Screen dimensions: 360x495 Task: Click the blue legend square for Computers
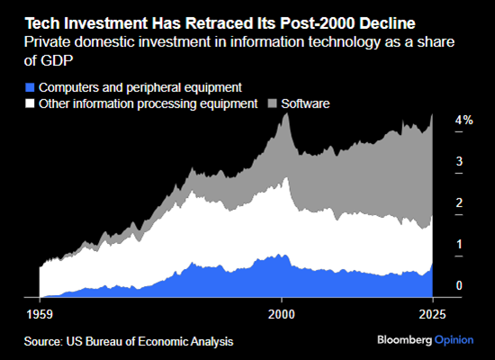[30, 87]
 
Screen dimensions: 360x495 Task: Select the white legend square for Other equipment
[30, 104]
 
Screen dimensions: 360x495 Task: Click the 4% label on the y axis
[463, 121]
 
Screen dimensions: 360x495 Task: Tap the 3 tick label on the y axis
[459, 162]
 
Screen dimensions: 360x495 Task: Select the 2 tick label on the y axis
[459, 203]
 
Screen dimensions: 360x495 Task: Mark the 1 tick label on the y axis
[459, 245]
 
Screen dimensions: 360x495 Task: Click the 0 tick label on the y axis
[459, 286]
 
